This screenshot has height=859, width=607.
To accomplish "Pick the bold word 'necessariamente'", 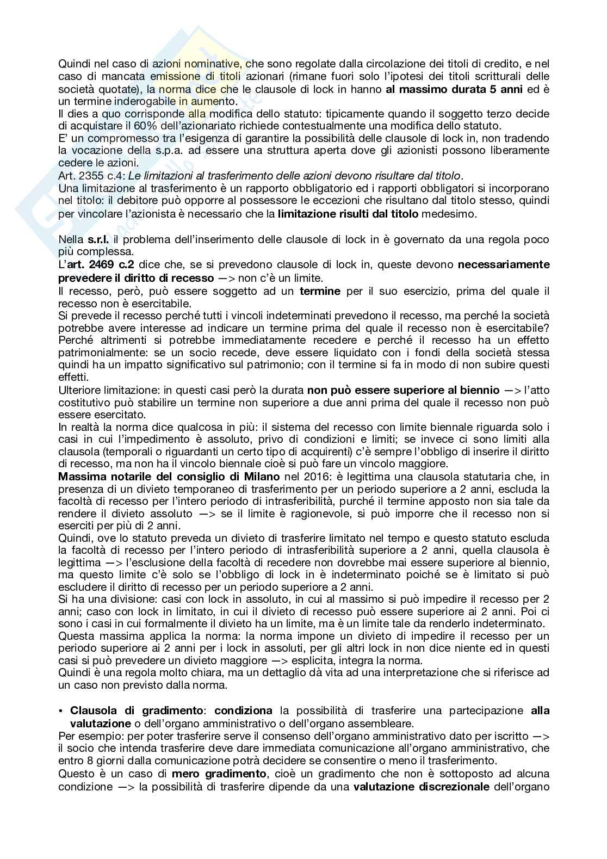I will pyautogui.click(x=504, y=265).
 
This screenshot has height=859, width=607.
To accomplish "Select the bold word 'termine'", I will pyautogui.click(x=320, y=291).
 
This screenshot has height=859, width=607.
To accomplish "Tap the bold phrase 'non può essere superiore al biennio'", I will pyautogui.click(x=403, y=390).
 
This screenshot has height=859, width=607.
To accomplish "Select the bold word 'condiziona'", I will pyautogui.click(x=243, y=711).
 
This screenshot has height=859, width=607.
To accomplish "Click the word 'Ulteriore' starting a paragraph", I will pyautogui.click(x=78, y=390).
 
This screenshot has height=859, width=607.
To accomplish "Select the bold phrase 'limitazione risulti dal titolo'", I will pyautogui.click(x=348, y=214).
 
